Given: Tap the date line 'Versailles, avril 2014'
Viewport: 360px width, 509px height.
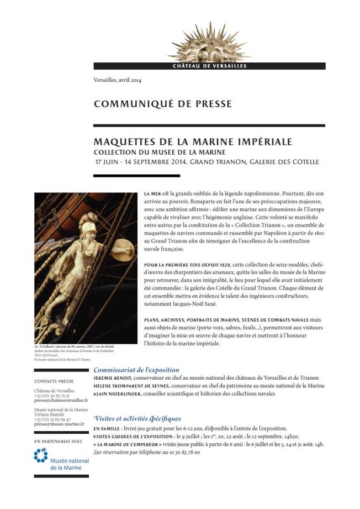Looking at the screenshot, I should tap(118, 81).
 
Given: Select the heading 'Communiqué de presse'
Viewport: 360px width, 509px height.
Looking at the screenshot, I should tap(162, 104).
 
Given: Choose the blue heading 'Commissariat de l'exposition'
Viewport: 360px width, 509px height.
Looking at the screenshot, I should tap(136, 370).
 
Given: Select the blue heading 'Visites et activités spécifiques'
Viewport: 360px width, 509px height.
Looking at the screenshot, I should tap(137, 419).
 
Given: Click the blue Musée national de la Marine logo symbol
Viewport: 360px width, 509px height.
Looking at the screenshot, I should tap(41, 456).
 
